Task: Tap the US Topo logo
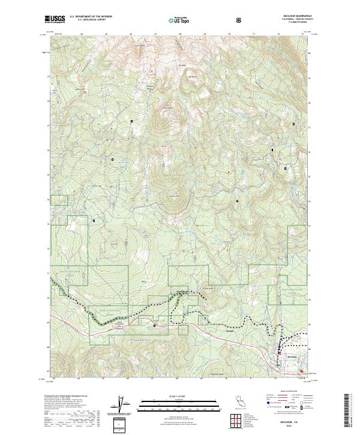pos(173,19)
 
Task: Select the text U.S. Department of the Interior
pos(92,17)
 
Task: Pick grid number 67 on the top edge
pos(155,34)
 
